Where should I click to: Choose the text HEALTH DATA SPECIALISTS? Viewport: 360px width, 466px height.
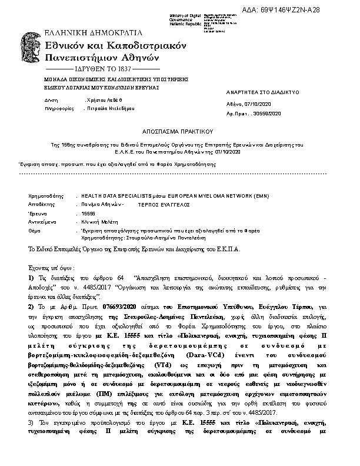point(114,194)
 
